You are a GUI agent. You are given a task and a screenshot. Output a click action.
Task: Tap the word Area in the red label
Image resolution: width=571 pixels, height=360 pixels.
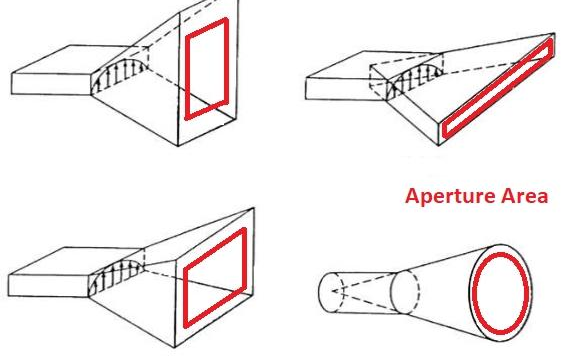pyautogui.click(x=524, y=195)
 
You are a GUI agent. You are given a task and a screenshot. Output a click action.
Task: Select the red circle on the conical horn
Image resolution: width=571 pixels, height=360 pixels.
pyautogui.click(x=473, y=291)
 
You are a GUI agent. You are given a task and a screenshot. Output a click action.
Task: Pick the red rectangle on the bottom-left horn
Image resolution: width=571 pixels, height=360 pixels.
pyautogui.click(x=186, y=295)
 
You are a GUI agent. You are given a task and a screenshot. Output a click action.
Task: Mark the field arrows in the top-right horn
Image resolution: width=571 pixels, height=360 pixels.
pyautogui.click(x=415, y=78)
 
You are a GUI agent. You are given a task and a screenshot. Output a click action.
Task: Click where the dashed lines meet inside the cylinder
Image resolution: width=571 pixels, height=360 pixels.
pyautogui.click(x=333, y=291)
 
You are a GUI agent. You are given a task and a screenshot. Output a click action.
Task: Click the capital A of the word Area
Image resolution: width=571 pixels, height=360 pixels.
pyautogui.click(x=508, y=196)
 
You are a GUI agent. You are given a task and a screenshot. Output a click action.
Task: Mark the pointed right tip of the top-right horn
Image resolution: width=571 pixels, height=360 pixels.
pyautogui.click(x=555, y=33)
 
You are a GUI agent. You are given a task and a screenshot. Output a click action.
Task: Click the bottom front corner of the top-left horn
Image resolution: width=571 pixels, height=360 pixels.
pyautogui.click(x=178, y=146)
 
